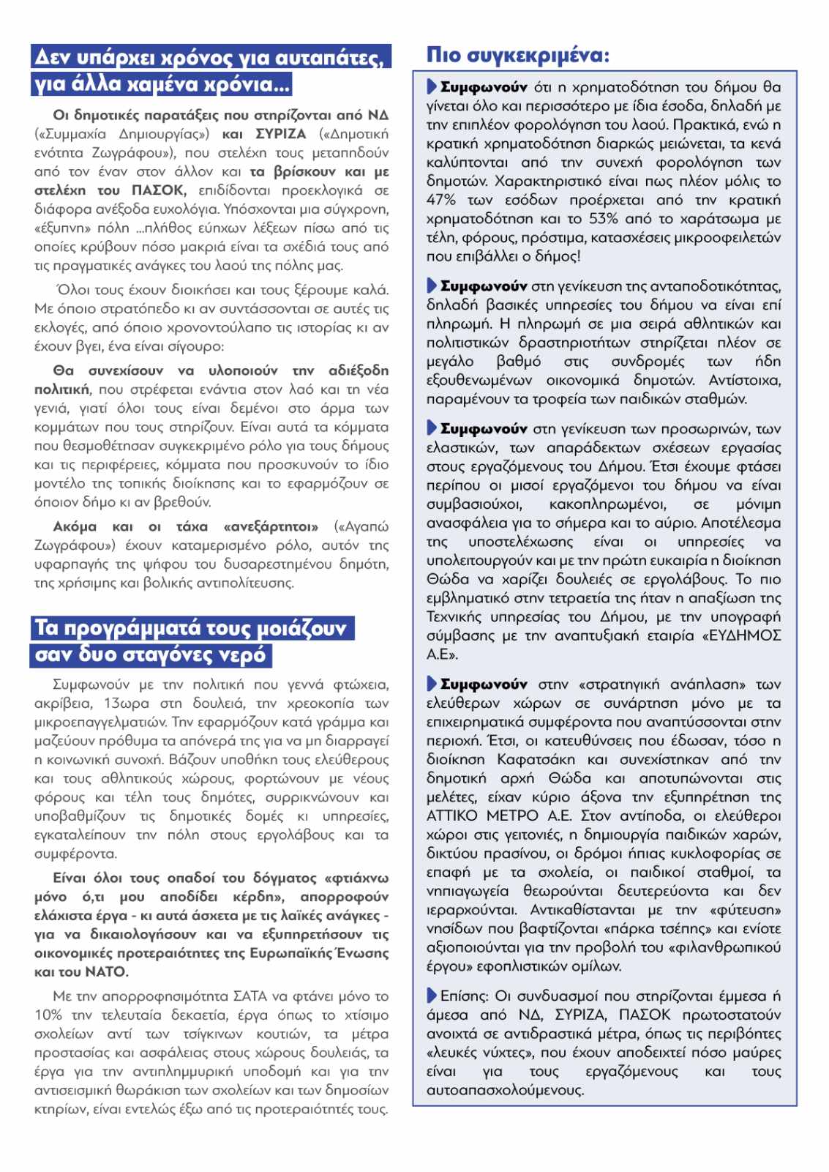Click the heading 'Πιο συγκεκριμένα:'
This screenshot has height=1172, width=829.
click(x=517, y=56)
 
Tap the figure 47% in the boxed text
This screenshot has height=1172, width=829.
click(x=440, y=200)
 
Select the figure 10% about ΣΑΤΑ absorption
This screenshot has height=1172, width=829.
click(x=48, y=1015)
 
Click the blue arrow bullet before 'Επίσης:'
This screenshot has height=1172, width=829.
click(x=432, y=996)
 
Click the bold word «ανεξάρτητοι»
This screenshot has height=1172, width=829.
click(x=271, y=527)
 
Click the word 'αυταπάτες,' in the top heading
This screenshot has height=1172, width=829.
click(x=335, y=57)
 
